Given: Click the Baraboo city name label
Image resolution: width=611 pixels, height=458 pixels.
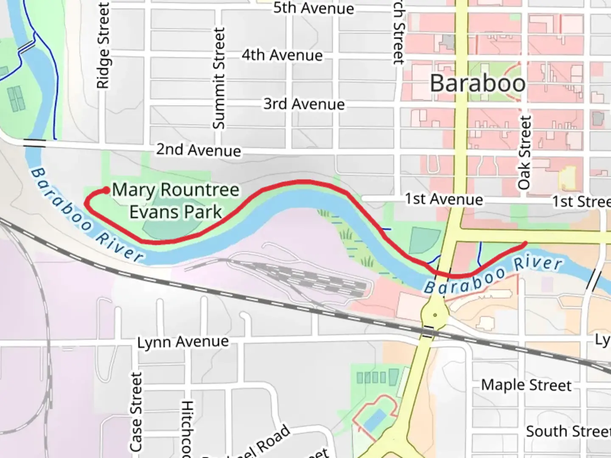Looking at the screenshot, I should [x=478, y=83].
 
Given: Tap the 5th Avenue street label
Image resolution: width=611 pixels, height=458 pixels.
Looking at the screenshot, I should [x=313, y=8].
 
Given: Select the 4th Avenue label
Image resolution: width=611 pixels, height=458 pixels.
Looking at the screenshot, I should [x=282, y=55].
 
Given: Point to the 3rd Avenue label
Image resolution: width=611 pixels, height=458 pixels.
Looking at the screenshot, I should [x=304, y=104].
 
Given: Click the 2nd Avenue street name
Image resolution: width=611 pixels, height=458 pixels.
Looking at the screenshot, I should [x=198, y=150].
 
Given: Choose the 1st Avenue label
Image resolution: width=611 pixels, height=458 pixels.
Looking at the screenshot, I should [x=443, y=199].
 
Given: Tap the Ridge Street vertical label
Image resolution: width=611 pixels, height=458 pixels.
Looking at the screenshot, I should [x=103, y=46].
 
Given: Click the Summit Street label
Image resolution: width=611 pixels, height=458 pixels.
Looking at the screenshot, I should [x=219, y=78].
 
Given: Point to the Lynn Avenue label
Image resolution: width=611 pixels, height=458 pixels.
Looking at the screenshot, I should [x=183, y=342].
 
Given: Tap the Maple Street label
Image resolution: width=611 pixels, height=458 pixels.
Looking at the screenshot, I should [x=526, y=385].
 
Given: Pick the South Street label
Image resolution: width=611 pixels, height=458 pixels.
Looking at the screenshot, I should [x=568, y=431].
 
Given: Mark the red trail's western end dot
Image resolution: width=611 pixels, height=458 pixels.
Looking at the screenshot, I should [x=106, y=190].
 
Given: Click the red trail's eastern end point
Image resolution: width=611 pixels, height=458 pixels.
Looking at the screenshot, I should [x=525, y=243].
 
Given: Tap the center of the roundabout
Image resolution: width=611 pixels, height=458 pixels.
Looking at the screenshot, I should [x=434, y=315].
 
